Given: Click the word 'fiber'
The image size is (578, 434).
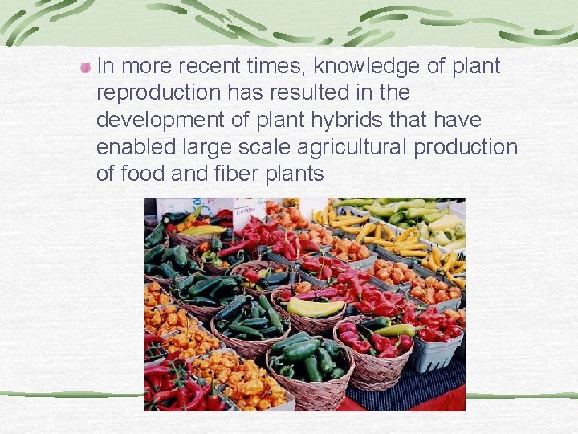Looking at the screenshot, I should [x=221, y=174].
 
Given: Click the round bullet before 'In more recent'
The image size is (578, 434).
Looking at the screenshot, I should [x=85, y=68].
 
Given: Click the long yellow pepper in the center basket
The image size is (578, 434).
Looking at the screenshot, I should [x=315, y=307].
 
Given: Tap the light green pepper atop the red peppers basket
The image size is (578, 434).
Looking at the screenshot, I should [x=397, y=330].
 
